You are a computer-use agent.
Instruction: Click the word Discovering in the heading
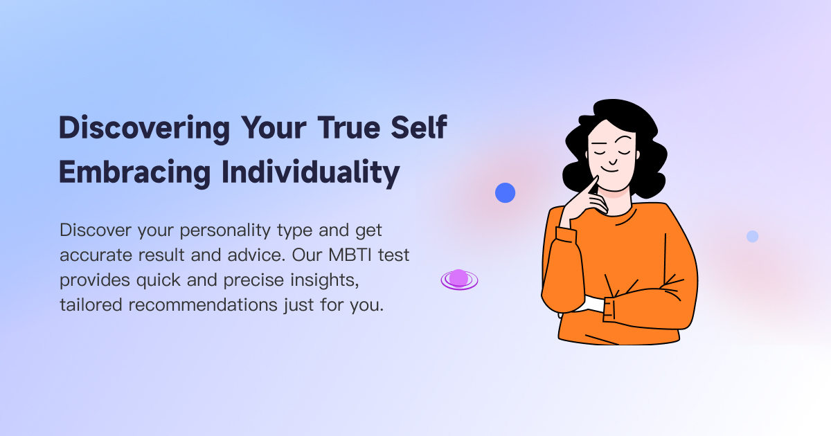(144, 129)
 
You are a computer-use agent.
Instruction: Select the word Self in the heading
(418, 129)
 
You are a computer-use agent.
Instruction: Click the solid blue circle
(506, 192)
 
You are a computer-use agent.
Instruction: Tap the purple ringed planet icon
(459, 279)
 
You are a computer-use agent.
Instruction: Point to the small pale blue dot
(752, 236)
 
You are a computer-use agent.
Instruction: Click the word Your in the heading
(273, 129)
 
